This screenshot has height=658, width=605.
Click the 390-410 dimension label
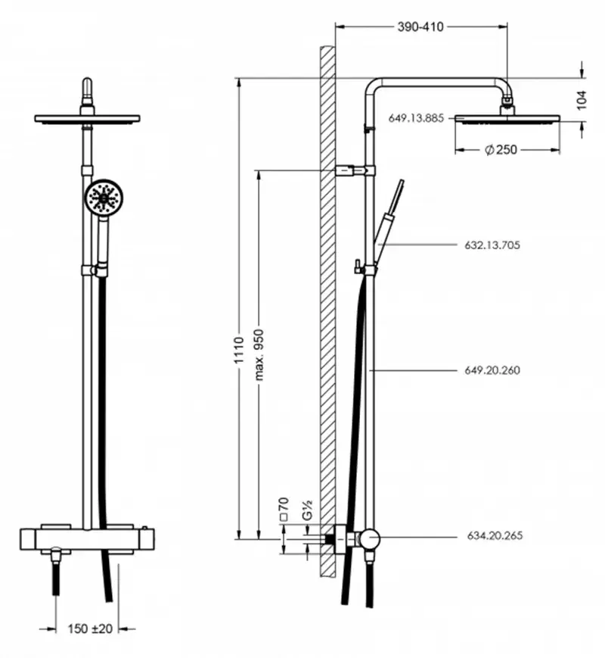point(420,27)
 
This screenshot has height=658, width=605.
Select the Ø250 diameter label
point(501,149)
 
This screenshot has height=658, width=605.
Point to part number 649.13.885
point(417,118)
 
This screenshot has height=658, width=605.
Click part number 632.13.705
point(492,245)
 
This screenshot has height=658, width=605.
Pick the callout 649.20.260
point(492,370)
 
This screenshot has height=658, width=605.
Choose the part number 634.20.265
point(492,535)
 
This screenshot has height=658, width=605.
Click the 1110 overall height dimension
point(238,351)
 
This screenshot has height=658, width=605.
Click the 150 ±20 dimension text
point(89,628)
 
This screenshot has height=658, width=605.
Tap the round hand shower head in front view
point(102,198)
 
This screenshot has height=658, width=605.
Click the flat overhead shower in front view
point(88,119)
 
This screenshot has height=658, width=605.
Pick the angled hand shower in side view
point(389,215)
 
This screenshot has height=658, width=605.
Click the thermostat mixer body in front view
point(88,538)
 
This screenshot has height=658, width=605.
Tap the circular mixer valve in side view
point(370,538)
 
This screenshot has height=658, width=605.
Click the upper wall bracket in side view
point(352,170)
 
